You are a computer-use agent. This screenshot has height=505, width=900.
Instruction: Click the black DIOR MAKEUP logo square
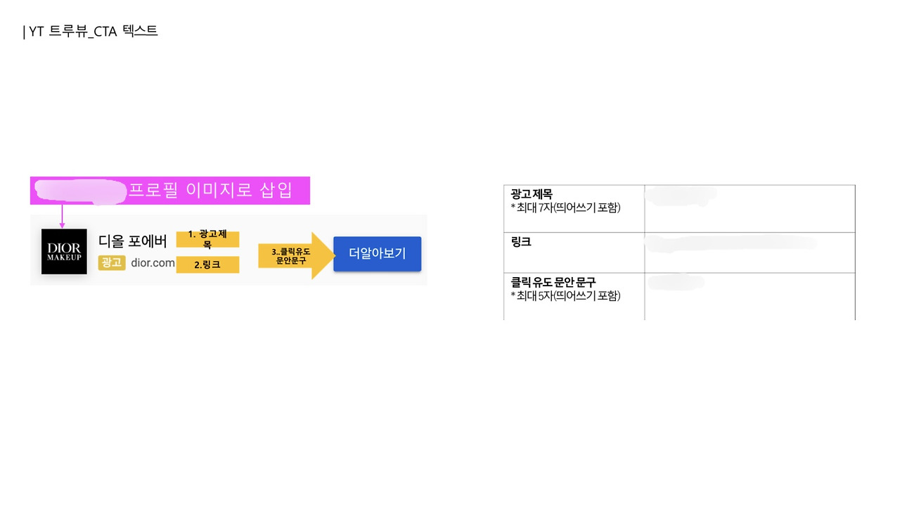point(64,251)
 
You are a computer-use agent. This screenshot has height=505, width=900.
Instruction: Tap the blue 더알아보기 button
point(377,254)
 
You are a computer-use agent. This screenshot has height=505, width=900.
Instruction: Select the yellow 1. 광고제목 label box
point(207,239)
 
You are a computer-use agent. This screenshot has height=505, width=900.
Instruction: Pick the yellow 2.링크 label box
point(207,265)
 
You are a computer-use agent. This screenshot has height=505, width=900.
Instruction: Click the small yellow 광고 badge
point(112,263)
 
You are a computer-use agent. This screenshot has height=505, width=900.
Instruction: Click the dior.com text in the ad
point(153,263)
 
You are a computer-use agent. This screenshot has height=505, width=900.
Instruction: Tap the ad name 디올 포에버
point(133,242)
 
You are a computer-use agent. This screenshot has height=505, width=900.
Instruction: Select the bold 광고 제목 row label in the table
point(532,195)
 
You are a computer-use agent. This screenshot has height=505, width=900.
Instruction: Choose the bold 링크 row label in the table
point(521,242)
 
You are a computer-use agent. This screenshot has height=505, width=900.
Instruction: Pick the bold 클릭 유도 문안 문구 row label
point(553,283)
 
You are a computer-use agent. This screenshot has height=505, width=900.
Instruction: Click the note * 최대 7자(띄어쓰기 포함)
point(565,207)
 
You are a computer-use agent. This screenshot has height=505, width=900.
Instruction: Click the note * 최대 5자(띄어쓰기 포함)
point(565,295)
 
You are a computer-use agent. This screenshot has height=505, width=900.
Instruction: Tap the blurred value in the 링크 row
point(731,243)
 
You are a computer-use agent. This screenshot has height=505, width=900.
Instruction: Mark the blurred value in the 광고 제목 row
point(681,195)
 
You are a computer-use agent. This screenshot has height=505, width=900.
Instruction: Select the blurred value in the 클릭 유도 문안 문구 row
point(676,283)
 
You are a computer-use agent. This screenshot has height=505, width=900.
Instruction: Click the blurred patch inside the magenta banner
point(79,191)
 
